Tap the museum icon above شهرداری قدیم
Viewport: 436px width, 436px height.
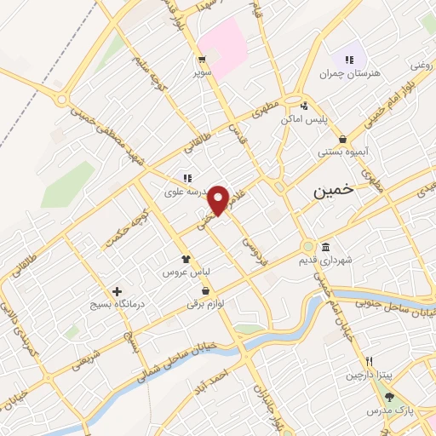point(326,248)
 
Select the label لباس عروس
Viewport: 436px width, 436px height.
point(186,273)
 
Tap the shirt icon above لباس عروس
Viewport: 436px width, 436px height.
point(186,259)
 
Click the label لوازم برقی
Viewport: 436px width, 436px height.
point(207,304)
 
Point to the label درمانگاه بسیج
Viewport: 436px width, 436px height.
point(118,304)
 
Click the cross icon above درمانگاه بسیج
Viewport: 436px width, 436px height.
point(117,290)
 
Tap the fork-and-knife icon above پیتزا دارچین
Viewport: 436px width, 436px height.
point(370,361)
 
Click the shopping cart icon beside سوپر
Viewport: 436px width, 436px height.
point(203,60)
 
